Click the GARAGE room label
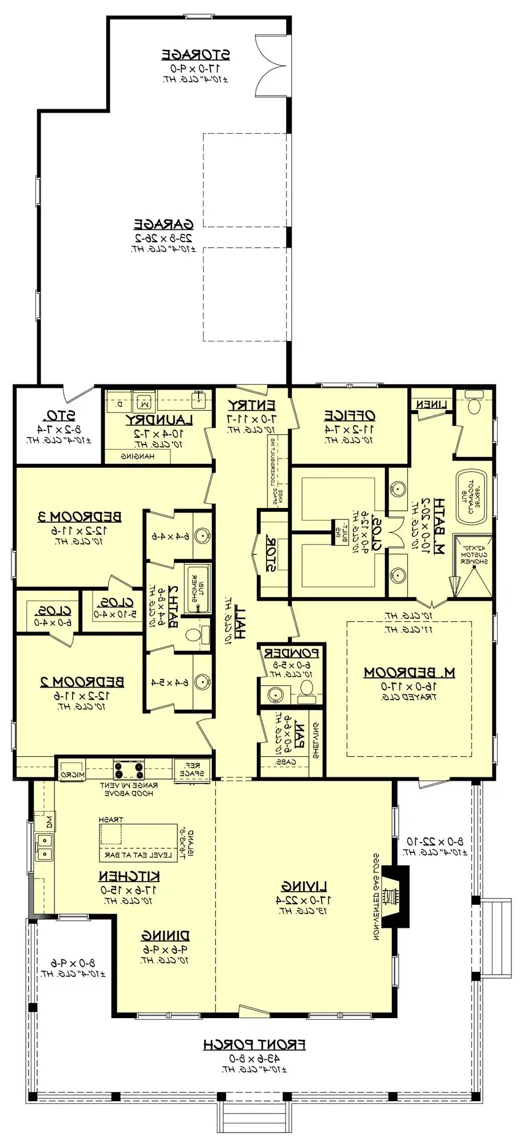(164, 224)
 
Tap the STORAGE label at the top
(196, 55)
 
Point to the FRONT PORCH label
(255, 1044)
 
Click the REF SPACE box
(191, 769)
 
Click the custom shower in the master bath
(473, 565)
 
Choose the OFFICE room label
(350, 415)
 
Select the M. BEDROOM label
(410, 672)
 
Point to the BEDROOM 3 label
(80, 517)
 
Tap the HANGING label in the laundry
(137, 456)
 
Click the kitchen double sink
(43, 847)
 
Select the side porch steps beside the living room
(497, 939)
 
